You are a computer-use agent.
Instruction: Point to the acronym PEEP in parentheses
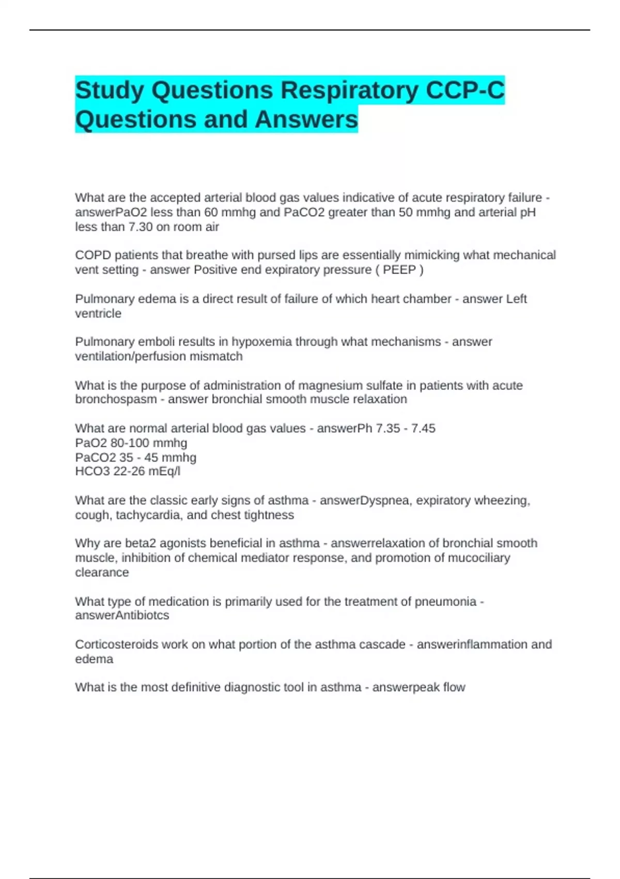click(399, 270)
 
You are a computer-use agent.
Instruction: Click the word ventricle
click(98, 313)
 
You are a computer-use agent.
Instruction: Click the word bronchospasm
click(116, 399)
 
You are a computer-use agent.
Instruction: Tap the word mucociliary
click(478, 558)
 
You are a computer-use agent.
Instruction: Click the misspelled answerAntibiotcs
click(122, 615)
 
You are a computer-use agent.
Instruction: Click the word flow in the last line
click(455, 687)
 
